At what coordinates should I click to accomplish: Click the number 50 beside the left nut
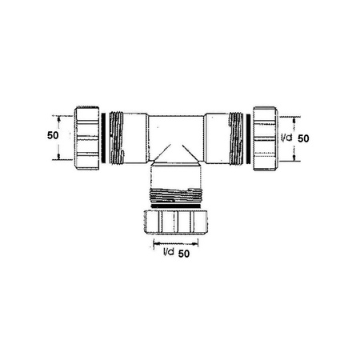coord(53,135)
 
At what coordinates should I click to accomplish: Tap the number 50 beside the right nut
coord(304,138)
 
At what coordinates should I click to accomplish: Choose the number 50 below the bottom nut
coord(185,254)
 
